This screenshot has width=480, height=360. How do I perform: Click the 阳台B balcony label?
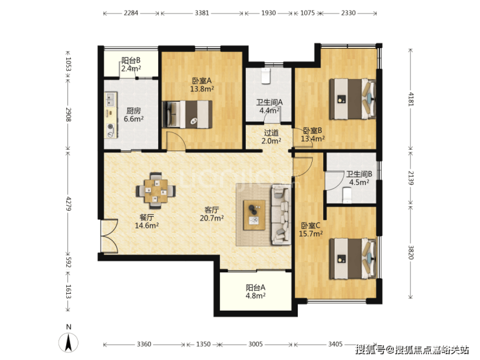[131, 60]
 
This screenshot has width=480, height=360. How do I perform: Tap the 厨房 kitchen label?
[134, 110]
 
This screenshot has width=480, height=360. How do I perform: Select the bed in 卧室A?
[187, 114]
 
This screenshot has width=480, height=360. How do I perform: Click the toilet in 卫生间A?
[265, 76]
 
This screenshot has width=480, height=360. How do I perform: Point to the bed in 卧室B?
[353, 99]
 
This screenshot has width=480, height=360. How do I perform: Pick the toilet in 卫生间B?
[347, 195]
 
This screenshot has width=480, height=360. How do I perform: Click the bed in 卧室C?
[353, 259]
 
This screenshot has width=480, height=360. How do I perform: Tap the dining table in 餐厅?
[156, 191]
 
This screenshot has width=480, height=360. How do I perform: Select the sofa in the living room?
[281, 215]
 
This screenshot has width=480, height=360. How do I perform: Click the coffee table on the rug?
[254, 215]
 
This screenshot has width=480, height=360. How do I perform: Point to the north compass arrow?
[69, 343]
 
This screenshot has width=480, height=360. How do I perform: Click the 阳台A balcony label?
[256, 288]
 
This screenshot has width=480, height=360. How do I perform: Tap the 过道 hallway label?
[271, 133]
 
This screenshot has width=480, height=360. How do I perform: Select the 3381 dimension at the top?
[202, 13]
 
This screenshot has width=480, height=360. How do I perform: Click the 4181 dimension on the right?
[411, 99]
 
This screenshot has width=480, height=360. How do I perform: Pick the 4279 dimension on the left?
[69, 204]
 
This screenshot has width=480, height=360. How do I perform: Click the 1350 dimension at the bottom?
[203, 344]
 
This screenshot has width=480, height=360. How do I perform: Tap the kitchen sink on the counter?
[110, 99]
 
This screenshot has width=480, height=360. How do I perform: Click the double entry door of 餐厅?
[109, 236]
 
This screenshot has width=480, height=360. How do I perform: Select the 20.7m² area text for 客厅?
[211, 218]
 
